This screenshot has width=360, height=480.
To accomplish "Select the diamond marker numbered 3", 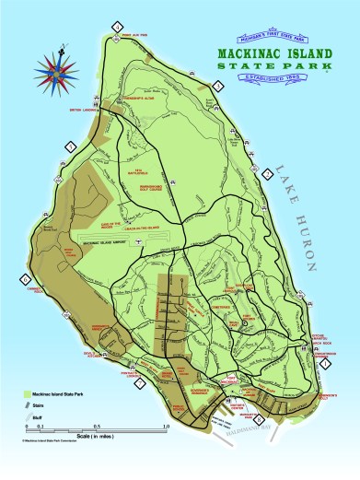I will point(217,86).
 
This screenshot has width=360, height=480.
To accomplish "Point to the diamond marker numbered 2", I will point(266,172).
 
